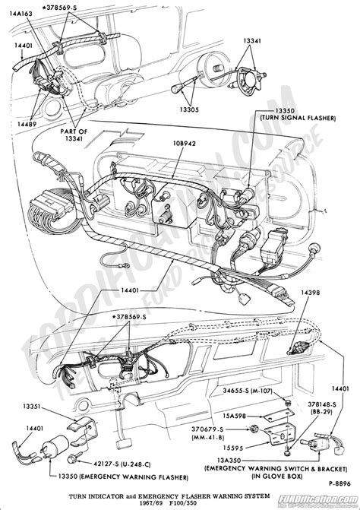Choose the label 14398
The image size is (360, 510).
(311, 291)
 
